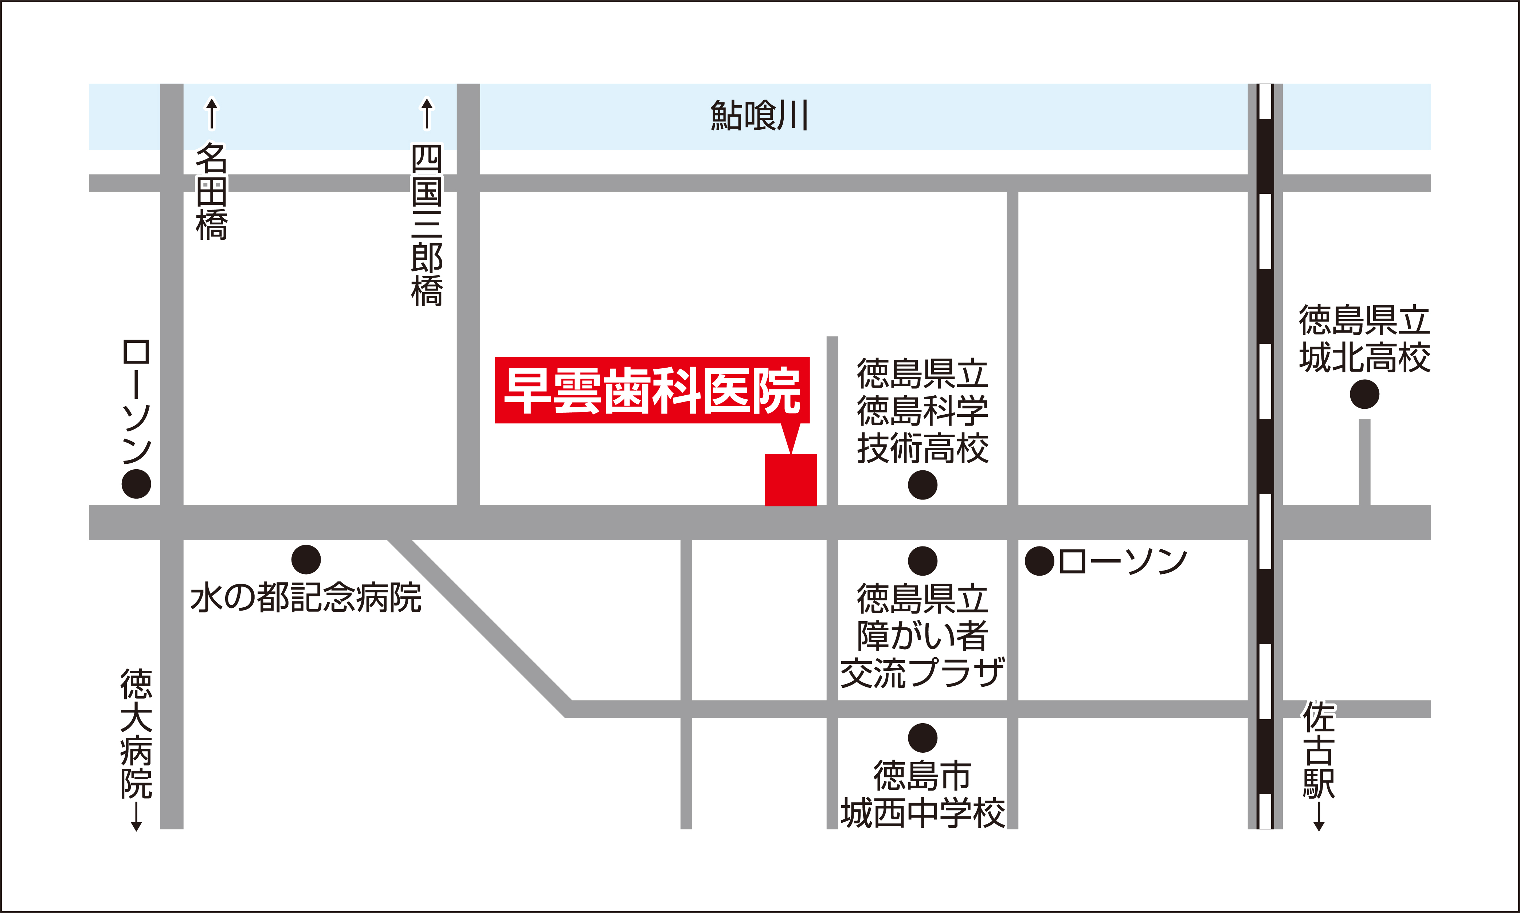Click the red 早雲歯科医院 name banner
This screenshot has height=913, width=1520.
[x=652, y=390]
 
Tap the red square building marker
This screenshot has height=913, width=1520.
[x=791, y=480]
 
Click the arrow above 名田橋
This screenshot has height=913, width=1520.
[x=212, y=114]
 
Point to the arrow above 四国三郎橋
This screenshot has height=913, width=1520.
[x=427, y=114]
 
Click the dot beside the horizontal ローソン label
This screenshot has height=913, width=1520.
[x=1039, y=561]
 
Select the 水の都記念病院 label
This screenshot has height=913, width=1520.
[x=306, y=598]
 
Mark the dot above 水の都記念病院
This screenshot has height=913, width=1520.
[x=306, y=560]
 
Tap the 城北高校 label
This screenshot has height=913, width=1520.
[x=1364, y=339]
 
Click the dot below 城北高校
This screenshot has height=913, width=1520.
[x=1364, y=394]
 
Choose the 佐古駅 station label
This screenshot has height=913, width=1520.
[x=1319, y=749]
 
